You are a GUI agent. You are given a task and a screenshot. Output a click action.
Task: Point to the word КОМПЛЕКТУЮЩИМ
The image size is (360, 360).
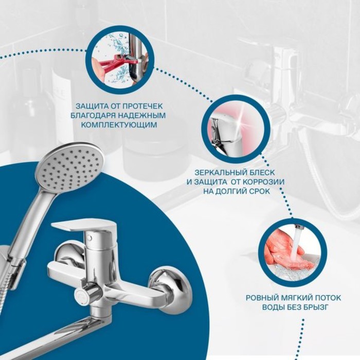(120, 125)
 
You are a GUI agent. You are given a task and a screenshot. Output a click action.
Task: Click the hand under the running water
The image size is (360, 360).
(287, 253)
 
